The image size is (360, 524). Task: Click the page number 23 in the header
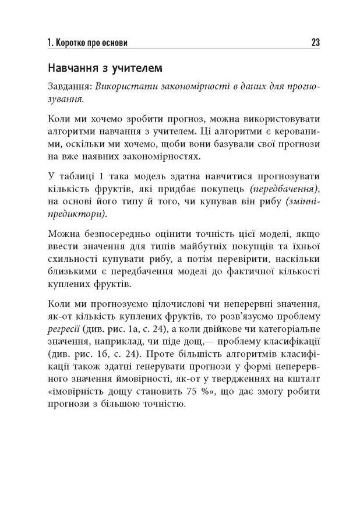315,43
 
